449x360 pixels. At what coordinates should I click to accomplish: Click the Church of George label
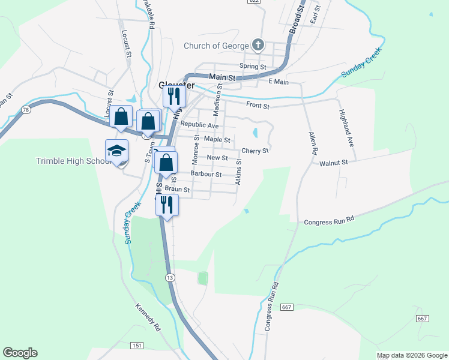pyautogui.click(x=215, y=46)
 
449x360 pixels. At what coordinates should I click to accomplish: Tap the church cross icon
pyautogui.click(x=258, y=45)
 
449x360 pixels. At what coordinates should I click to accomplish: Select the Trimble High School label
pyautogui.click(x=70, y=161)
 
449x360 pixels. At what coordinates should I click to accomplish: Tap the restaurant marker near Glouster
pyautogui.click(x=174, y=95)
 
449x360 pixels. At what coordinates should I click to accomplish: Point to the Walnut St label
pyautogui.click(x=334, y=163)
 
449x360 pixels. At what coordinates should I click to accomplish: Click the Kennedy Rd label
pyautogui.click(x=148, y=317)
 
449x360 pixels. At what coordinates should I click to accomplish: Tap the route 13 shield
pyautogui.click(x=170, y=277)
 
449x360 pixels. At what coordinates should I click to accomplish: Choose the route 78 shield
pyautogui.click(x=25, y=110)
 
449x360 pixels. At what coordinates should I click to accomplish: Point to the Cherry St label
pyautogui.click(x=255, y=151)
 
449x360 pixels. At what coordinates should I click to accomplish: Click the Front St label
pyautogui.click(x=258, y=106)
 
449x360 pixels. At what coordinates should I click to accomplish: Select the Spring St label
pyautogui.click(x=252, y=66)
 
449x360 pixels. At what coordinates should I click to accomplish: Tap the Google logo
pyautogui.click(x=20, y=353)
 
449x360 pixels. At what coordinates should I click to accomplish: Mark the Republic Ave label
pyautogui.click(x=200, y=125)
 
